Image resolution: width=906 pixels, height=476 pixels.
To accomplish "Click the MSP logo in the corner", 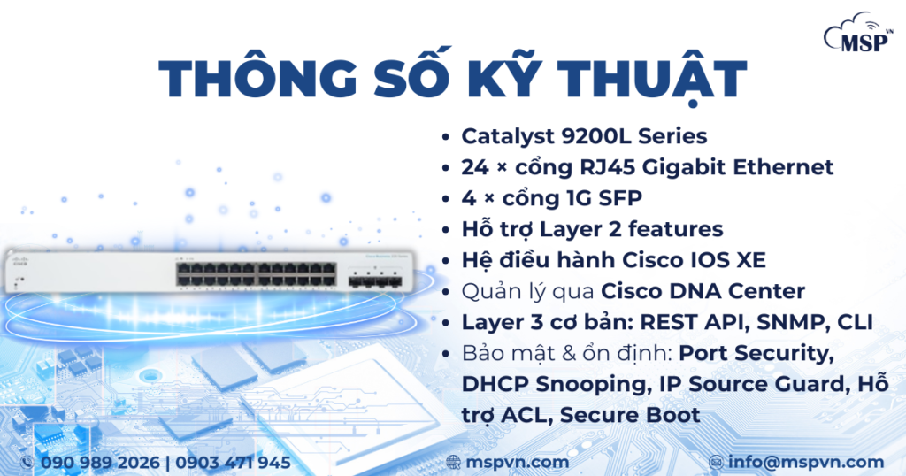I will (x=857, y=36).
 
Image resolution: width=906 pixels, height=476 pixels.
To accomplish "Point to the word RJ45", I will (x=606, y=166).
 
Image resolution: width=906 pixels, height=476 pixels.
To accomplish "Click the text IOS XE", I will (x=734, y=260).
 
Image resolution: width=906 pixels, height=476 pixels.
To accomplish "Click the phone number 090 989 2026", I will (x=100, y=463).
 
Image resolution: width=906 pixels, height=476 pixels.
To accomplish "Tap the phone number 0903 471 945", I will (x=234, y=463).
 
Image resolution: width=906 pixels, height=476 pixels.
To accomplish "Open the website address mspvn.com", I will (x=519, y=463).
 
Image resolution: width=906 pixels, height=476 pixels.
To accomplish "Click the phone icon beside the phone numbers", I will (x=26, y=463).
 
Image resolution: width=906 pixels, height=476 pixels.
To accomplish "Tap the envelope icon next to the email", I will (x=717, y=463).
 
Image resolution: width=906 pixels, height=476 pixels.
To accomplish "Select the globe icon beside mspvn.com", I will (x=454, y=463).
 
